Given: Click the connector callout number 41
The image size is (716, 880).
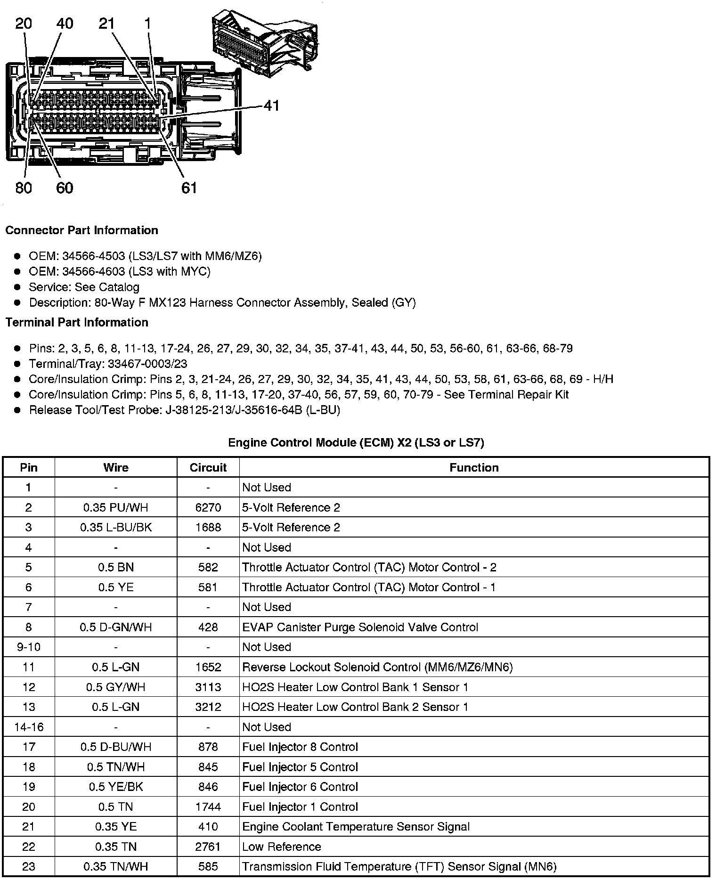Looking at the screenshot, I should point(271,106).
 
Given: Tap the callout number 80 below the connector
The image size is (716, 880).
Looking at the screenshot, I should point(24,188).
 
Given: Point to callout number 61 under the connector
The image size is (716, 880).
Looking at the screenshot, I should point(189,188).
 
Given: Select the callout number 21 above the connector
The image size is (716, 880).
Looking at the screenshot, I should point(107,24).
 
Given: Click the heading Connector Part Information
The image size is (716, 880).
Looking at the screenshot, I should point(81,230).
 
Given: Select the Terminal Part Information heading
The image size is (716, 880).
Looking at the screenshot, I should point(77,322).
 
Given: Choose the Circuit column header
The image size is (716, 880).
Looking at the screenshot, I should point(208,467).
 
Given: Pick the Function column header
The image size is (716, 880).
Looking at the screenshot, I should point(474,467).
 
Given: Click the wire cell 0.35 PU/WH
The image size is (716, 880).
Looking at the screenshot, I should point(116,507).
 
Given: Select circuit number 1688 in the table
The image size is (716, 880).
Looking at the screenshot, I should point(208,527).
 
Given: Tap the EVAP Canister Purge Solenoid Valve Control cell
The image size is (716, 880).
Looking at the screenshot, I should point(360,627).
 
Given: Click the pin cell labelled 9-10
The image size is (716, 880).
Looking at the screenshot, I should point(29,647).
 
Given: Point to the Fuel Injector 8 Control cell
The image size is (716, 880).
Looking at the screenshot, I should point(300,747).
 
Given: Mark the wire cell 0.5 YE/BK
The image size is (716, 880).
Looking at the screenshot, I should point(116,787).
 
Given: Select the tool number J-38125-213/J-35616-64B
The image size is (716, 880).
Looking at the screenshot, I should point(234,410).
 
